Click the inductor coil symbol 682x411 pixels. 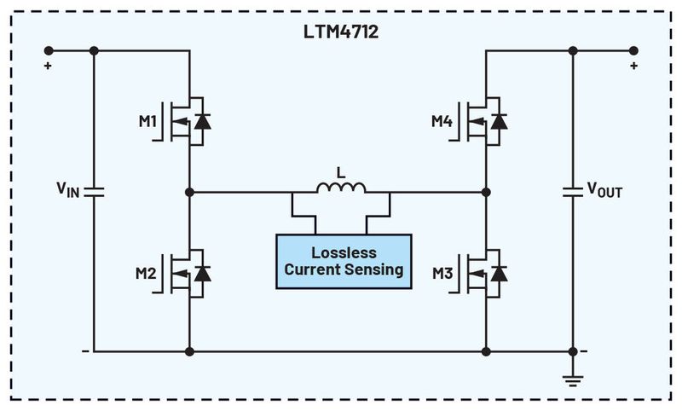tap(341, 188)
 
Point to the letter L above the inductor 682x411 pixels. tap(341, 171)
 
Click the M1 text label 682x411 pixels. tap(146, 122)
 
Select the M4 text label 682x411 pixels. tap(442, 122)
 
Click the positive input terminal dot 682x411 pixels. tap(48, 50)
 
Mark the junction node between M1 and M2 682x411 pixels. tap(188, 193)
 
